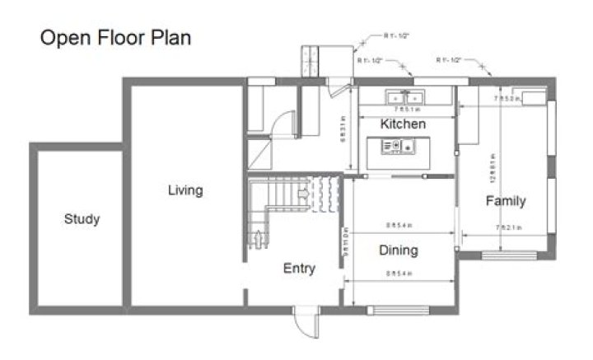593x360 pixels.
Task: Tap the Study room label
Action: (x=82, y=219)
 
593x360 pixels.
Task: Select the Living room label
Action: (x=185, y=191)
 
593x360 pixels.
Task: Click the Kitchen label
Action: (x=403, y=124)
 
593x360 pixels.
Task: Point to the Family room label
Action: (x=505, y=201)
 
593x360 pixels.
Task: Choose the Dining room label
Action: (x=398, y=250)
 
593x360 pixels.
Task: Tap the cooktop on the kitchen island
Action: (x=393, y=146)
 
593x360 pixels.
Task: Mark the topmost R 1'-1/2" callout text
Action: (x=396, y=35)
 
